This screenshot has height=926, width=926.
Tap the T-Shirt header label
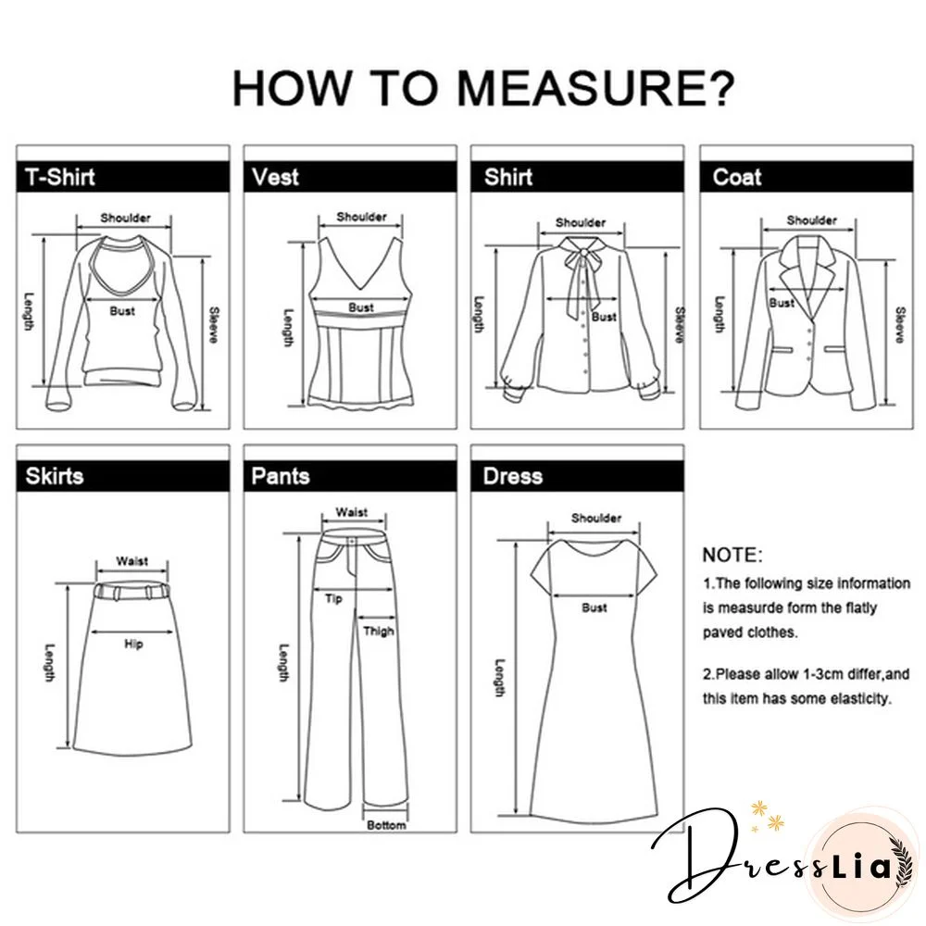[x=60, y=177]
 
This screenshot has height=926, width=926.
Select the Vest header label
[x=275, y=177]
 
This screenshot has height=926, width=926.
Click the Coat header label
[x=737, y=177]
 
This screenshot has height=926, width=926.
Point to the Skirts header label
[x=55, y=476]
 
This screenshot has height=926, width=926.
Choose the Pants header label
[x=281, y=476]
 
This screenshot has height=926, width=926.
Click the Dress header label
[x=513, y=476]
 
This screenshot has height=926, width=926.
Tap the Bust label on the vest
[x=361, y=307]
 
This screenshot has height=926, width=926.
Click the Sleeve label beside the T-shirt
[x=214, y=325]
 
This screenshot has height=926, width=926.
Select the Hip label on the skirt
[x=133, y=644]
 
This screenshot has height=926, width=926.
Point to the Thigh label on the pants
[x=379, y=632]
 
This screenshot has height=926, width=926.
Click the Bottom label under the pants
[x=386, y=825]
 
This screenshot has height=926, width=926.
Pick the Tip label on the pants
[x=333, y=599]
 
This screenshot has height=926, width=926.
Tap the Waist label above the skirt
[x=131, y=561]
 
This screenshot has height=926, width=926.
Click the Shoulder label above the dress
[x=595, y=518]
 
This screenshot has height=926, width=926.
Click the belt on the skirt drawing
[x=131, y=591]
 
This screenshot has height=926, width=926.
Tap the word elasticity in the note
[x=860, y=698]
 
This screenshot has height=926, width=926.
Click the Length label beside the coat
[x=719, y=314]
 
